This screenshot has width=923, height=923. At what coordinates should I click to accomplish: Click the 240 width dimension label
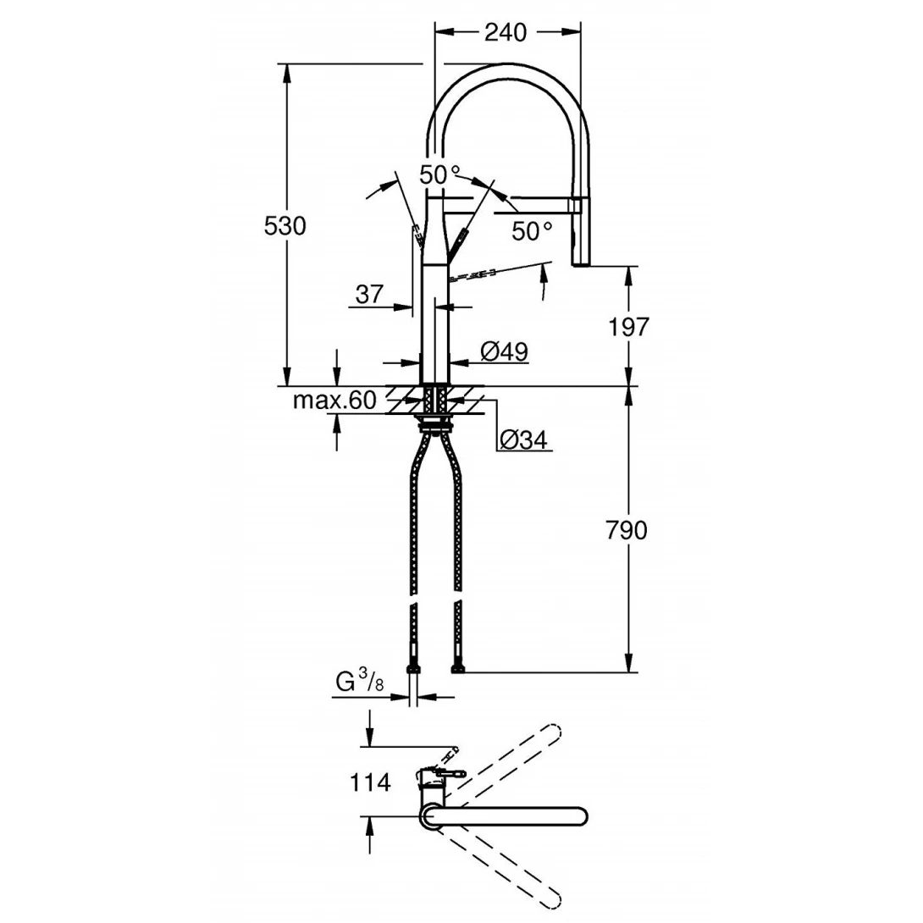click(x=505, y=32)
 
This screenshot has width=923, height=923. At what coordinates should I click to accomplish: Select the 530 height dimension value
click(x=285, y=225)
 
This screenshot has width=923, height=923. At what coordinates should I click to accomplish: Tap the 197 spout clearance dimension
click(x=628, y=327)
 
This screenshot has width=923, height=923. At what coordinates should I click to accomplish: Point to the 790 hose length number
click(x=627, y=530)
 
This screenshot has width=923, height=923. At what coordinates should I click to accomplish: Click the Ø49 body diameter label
click(x=505, y=351)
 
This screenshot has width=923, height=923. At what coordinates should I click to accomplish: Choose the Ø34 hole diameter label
click(x=523, y=439)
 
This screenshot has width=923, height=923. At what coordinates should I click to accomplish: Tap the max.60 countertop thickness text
click(x=334, y=401)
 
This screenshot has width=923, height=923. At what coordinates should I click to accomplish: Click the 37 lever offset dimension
click(x=370, y=294)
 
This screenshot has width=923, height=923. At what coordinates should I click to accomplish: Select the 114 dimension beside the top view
click(x=370, y=783)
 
